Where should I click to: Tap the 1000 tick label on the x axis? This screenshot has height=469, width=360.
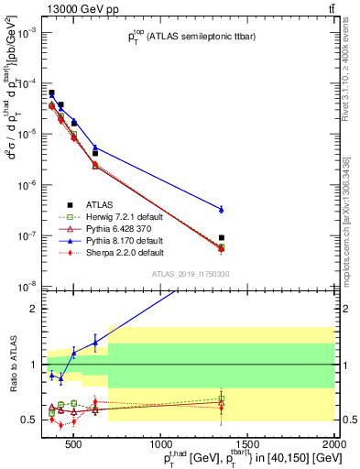159,445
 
